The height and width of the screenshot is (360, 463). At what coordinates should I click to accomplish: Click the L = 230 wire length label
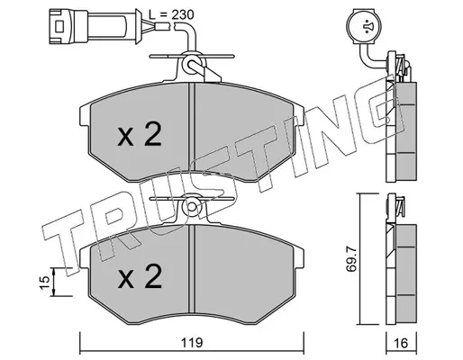(171, 14)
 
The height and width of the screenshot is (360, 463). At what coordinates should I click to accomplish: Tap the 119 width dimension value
(192, 343)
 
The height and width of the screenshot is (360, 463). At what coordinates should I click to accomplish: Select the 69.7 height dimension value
(350, 258)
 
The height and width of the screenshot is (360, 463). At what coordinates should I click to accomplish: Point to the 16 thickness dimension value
(401, 343)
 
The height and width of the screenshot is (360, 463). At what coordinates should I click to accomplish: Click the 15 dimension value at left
(44, 283)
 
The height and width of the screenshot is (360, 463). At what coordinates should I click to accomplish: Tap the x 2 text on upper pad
(140, 134)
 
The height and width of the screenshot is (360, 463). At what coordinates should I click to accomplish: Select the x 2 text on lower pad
(140, 276)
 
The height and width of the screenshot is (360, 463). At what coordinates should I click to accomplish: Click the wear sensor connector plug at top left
(95, 26)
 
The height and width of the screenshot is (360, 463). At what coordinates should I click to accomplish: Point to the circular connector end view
(363, 26)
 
